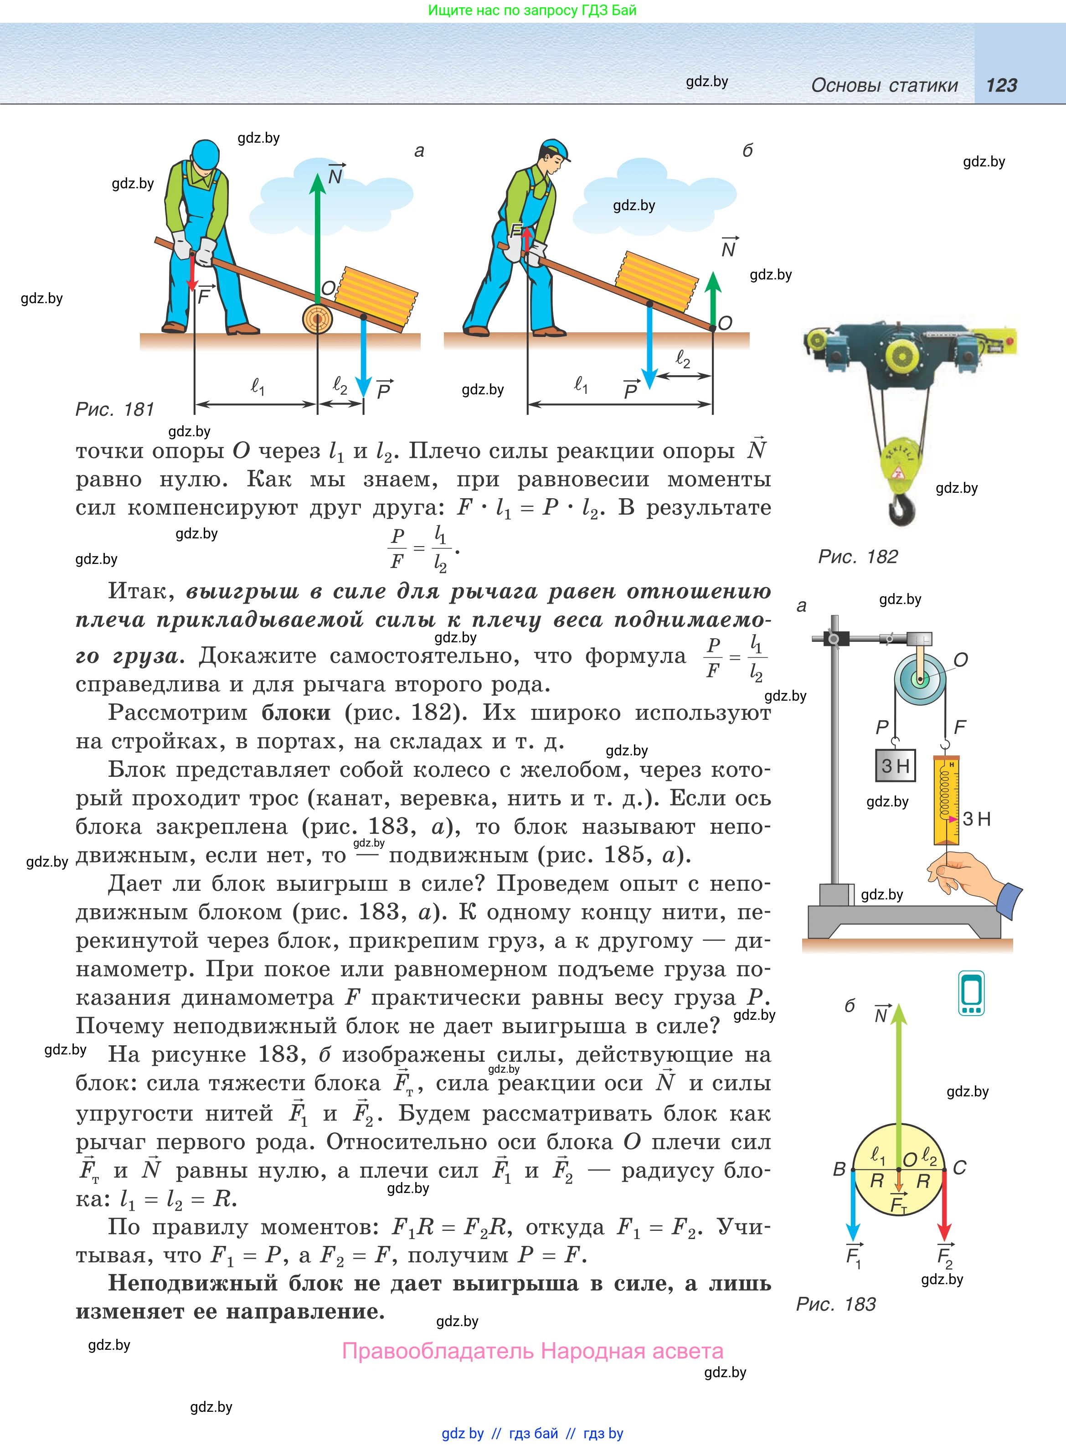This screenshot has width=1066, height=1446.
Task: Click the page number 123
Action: click(x=1001, y=85)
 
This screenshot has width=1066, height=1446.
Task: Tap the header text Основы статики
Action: click(x=884, y=85)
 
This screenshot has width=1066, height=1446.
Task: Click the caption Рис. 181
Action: click(x=115, y=409)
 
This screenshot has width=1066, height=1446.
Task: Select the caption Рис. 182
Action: click(x=858, y=556)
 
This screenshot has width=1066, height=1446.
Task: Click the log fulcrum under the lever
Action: click(x=318, y=318)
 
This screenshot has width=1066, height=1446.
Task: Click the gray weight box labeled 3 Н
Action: click(x=895, y=766)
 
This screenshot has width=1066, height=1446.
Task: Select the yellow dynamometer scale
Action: click(x=947, y=800)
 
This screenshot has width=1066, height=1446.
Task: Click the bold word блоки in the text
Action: click(x=295, y=713)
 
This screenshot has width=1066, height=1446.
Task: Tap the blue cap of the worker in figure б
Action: click(x=556, y=149)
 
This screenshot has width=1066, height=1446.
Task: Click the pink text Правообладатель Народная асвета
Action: click(x=532, y=1351)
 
